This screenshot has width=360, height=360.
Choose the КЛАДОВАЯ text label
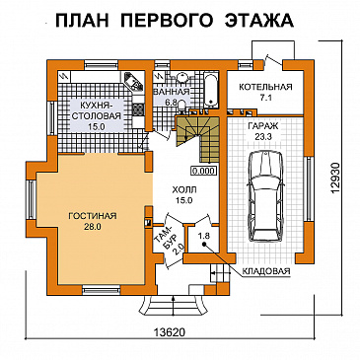(268, 268)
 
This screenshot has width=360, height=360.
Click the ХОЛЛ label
(183, 190)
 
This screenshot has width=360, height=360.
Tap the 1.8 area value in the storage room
(204, 237)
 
